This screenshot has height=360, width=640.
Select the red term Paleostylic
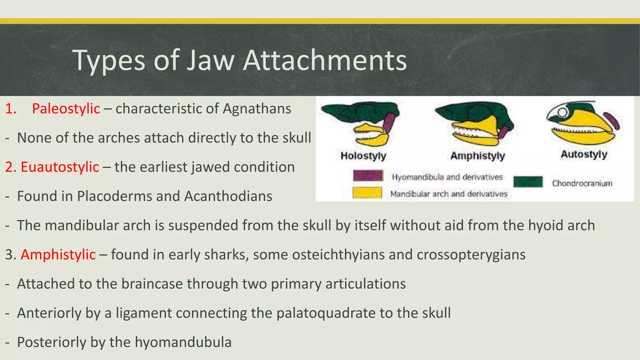[x=66, y=109]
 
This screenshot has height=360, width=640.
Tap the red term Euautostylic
[x=60, y=167]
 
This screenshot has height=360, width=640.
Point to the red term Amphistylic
[x=58, y=255]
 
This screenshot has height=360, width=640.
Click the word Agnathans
[x=257, y=109]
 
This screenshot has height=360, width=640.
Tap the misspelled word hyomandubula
[x=183, y=342]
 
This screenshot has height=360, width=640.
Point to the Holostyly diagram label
[x=363, y=156]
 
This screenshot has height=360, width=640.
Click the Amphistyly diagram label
[x=477, y=156]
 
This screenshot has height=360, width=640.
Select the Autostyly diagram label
[x=584, y=154]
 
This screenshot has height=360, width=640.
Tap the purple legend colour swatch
[x=368, y=176]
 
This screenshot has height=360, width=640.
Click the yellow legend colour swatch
[x=367, y=192]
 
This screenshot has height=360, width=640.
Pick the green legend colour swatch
[x=528, y=182]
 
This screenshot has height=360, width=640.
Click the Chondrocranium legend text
[x=582, y=183]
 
